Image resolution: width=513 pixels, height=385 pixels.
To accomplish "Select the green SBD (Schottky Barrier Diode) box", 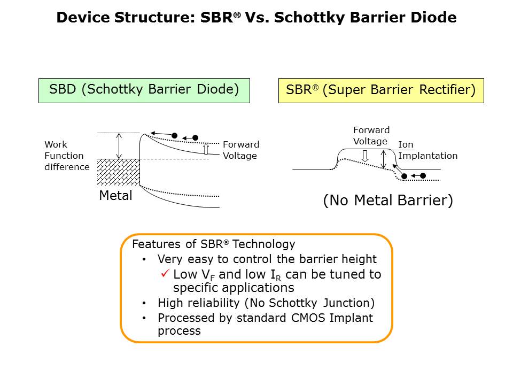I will tap(144, 90).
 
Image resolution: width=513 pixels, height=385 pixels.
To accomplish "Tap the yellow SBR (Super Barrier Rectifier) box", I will tap(381, 90).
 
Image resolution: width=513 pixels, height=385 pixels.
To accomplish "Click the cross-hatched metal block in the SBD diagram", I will tap(118, 172).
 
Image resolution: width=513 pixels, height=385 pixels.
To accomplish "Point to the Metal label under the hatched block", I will tap(115, 196).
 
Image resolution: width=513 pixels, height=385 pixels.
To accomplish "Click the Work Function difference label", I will tap(67, 156).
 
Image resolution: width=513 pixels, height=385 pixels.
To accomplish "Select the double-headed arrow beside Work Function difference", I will tap(119, 146).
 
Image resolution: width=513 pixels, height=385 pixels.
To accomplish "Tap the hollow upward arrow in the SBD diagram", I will tap(206, 149).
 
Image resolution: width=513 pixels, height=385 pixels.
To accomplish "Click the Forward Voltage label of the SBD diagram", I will tap(240, 150).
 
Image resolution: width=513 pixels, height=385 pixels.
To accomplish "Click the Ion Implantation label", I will tap(428, 150).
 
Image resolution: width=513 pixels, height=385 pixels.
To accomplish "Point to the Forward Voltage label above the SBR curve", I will tap(371, 136).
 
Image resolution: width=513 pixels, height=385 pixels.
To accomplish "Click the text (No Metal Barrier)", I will tap(388, 201).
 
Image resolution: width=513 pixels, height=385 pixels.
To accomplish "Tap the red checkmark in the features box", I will tap(165, 274).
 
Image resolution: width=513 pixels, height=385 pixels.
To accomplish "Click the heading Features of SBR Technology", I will tap(213, 244).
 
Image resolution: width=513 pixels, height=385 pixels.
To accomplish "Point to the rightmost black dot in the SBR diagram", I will tap(423, 175).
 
